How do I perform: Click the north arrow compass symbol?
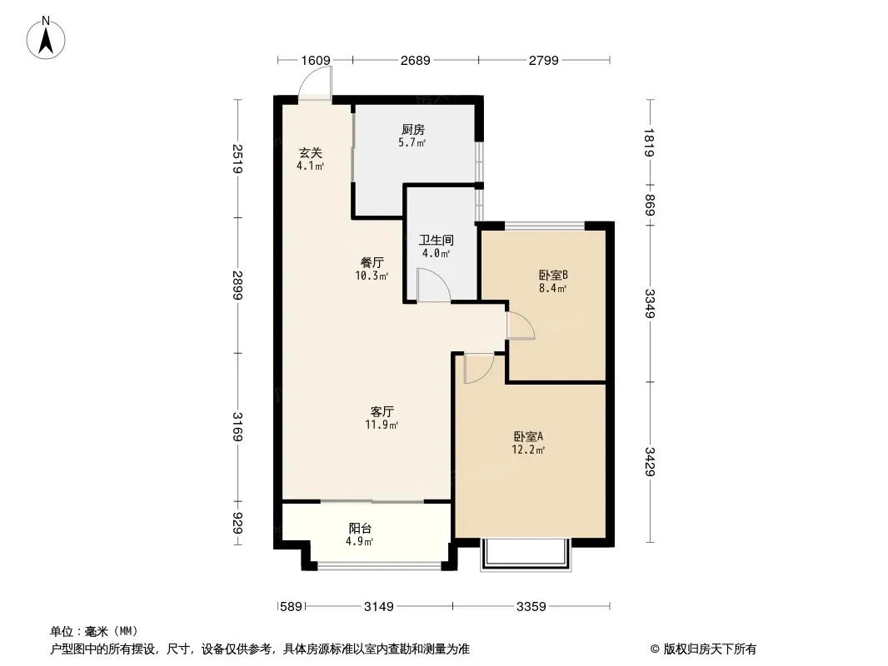pyautogui.click(x=46, y=38)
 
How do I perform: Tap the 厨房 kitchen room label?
pyautogui.click(x=413, y=130)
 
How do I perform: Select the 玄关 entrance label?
pyautogui.click(x=311, y=153)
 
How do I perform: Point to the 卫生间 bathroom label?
pyautogui.click(x=436, y=241)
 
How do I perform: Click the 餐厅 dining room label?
pyautogui.click(x=372, y=262)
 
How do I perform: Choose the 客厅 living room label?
pyautogui.click(x=382, y=411)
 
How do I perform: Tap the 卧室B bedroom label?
pyautogui.click(x=553, y=276)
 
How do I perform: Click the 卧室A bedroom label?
pyautogui.click(x=528, y=437)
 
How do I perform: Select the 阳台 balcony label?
pyautogui.click(x=360, y=529)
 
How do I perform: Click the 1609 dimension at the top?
pyautogui.click(x=316, y=60)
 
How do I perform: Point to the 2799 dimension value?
pyautogui.click(x=544, y=60)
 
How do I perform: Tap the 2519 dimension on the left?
pyautogui.click(x=238, y=159)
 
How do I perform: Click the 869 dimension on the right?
pyautogui.click(x=650, y=205)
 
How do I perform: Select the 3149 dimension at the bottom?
pyautogui.click(x=378, y=607)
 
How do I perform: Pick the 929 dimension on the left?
pyautogui.click(x=238, y=523)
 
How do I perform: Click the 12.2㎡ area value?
pyautogui.click(x=528, y=450)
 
